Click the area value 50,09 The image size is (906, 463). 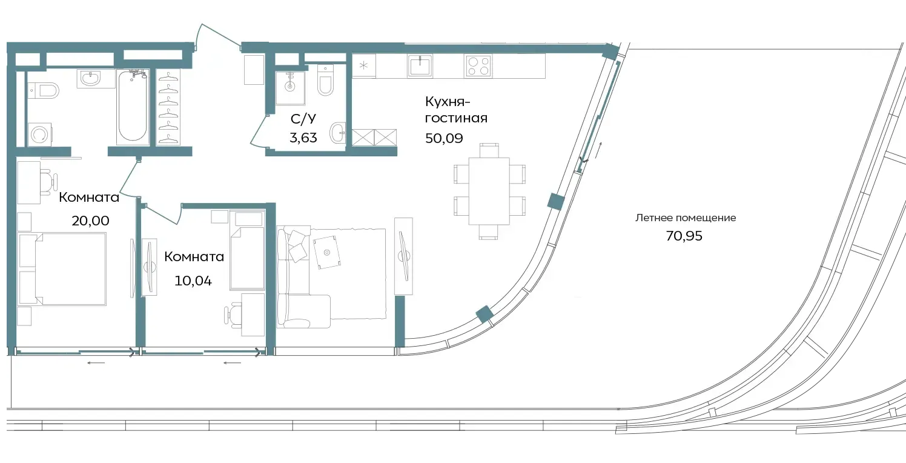tap(444, 138)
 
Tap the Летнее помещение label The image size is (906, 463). tap(686, 218)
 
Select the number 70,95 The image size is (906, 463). tap(684, 236)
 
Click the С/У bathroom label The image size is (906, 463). tap(303, 119)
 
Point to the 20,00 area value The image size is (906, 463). tap(90, 221)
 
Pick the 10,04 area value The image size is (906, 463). tap(193, 281)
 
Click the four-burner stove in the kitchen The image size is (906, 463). tap(478, 65)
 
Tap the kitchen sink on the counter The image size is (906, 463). tap(420, 66)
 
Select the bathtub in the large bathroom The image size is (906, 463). tap(133, 107)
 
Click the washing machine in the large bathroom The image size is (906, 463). tap(39, 135)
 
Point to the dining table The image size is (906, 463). tap(489, 191)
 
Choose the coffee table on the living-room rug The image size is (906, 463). tap(327, 252)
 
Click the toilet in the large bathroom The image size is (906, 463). tap(44, 90)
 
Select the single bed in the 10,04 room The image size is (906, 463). tap(247, 258)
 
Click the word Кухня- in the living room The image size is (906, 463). tap(448, 102)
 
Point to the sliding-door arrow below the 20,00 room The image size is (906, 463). tap(96, 362)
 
